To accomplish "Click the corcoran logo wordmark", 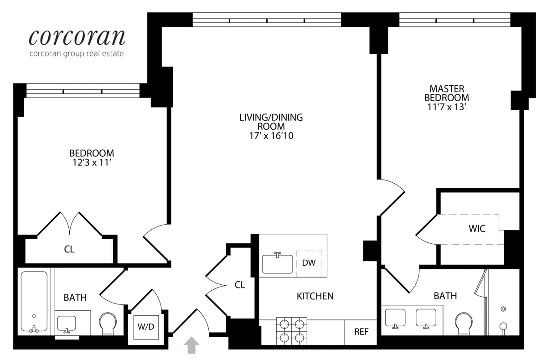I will click(77, 37).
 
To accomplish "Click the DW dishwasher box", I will click(309, 263).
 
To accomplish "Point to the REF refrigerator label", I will click(361, 332).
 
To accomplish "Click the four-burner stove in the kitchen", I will click(291, 331).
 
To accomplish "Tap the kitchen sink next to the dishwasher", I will click(277, 263).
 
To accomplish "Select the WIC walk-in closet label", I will click(477, 229).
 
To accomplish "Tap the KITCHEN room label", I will click(315, 296).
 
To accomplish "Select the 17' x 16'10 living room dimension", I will click(271, 135).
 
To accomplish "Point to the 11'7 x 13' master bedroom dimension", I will click(446, 107).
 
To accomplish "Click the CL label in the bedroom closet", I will click(69, 249).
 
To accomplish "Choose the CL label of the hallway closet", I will click(240, 285).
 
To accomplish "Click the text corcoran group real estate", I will click(76, 54).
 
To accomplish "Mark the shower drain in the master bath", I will click(503, 309).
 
